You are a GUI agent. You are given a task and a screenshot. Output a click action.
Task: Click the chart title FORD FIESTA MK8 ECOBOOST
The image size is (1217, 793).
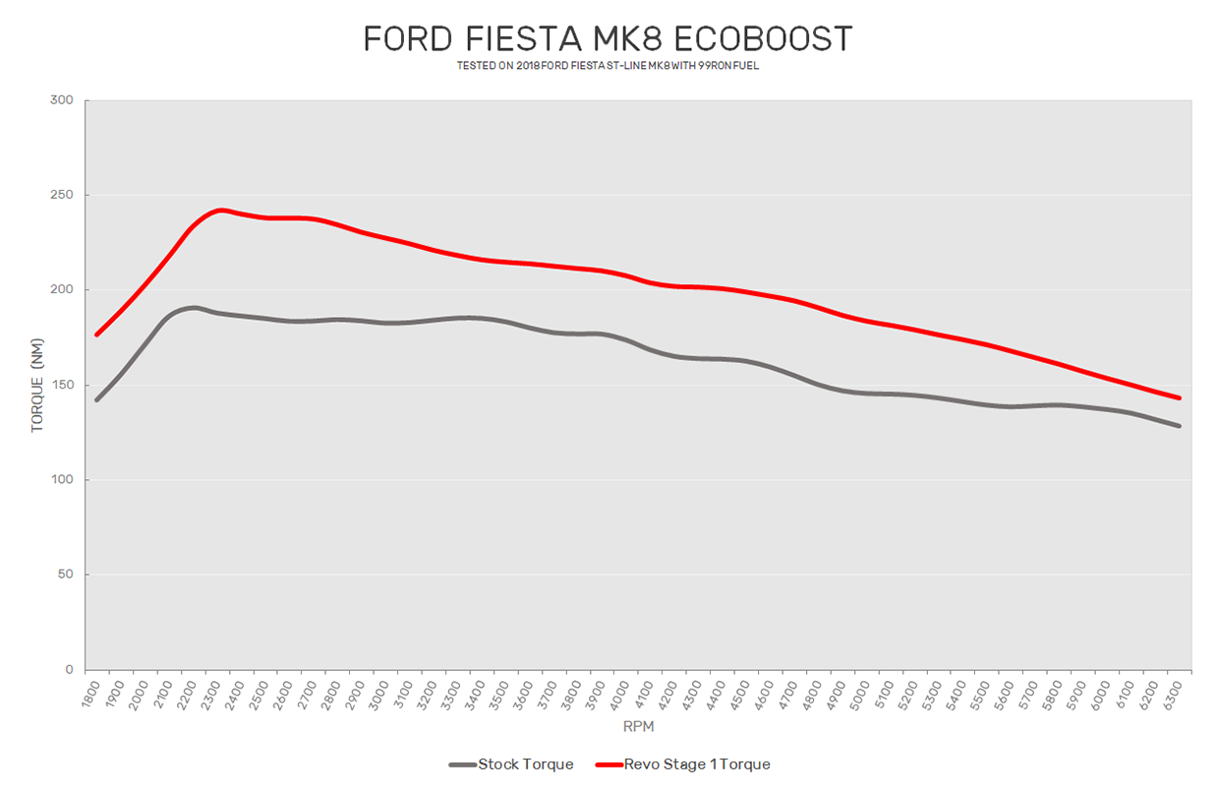[x=608, y=39]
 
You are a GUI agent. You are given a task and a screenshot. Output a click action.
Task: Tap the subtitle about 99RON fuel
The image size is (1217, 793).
[x=608, y=66]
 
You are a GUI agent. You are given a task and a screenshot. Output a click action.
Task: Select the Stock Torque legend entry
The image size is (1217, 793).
[x=511, y=764]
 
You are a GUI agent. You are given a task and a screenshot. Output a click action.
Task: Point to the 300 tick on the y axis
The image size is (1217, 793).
[x=62, y=100]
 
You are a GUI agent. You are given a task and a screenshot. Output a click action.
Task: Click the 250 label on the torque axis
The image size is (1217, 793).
[x=62, y=195]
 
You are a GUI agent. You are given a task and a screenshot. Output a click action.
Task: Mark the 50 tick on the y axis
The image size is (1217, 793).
[x=65, y=575]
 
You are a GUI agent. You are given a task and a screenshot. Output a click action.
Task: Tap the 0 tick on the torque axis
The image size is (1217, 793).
[x=69, y=670]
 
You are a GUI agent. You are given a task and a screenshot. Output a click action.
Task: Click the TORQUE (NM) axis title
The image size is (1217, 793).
[x=37, y=385]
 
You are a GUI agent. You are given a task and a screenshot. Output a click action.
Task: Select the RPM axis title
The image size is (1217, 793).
[x=638, y=727]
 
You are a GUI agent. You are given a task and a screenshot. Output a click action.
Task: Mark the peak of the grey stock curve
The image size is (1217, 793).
[x=194, y=308]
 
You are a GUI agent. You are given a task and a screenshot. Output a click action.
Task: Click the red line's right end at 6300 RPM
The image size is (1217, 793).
[x=1179, y=397]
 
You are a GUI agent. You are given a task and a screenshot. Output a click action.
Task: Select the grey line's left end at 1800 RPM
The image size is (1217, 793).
[x=96, y=399]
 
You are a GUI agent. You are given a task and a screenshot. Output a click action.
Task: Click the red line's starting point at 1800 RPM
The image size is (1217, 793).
[x=96, y=335]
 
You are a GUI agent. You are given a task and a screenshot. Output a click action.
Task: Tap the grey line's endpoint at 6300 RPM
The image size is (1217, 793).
[x=1179, y=426]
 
